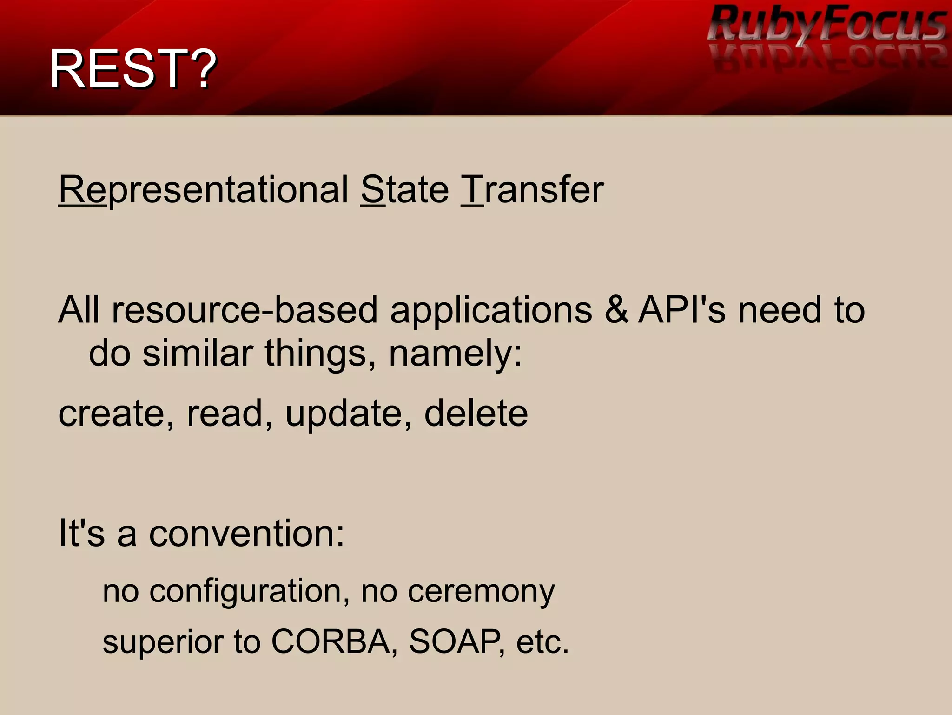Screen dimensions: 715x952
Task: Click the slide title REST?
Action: [x=133, y=69]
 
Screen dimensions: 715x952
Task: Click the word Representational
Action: [x=203, y=190]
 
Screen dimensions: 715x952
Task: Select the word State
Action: [x=404, y=190]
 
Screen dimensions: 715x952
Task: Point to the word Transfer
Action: [x=532, y=190]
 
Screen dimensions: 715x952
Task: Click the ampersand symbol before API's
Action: [x=616, y=310]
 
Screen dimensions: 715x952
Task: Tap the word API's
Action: [x=681, y=310]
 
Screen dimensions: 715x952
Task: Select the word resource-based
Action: [x=245, y=310]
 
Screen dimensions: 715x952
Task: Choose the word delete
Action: [x=476, y=413]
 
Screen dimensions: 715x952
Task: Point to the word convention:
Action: [x=246, y=533]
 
